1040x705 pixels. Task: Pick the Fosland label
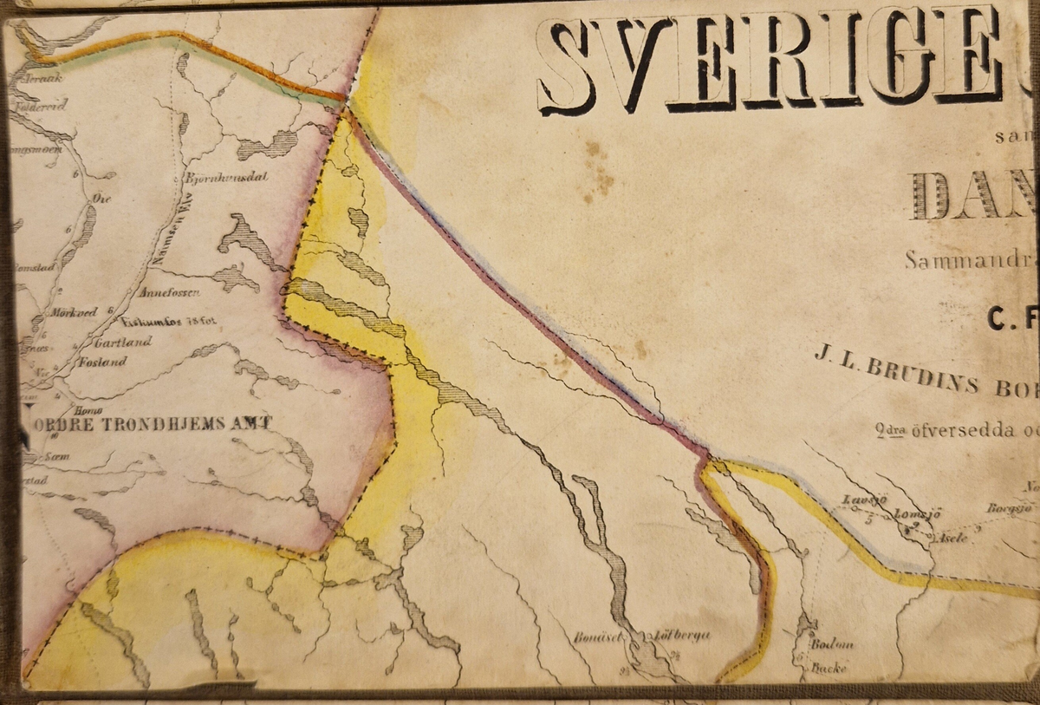(102, 362)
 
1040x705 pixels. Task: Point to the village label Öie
(100, 198)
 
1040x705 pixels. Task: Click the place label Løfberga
(684, 636)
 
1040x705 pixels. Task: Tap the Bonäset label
(597, 637)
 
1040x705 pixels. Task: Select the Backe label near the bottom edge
(829, 669)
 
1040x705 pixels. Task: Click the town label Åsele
(953, 537)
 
